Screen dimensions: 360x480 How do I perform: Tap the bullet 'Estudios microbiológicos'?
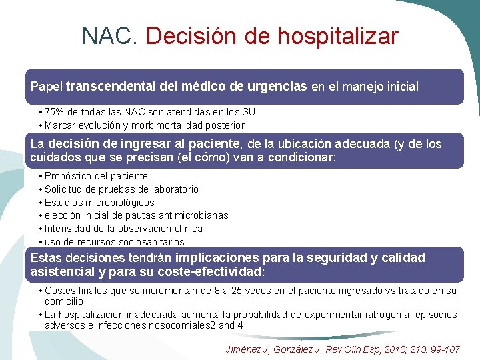pos(99,203)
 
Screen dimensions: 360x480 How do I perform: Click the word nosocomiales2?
pos(193,326)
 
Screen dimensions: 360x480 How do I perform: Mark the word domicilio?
pos(64,302)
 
